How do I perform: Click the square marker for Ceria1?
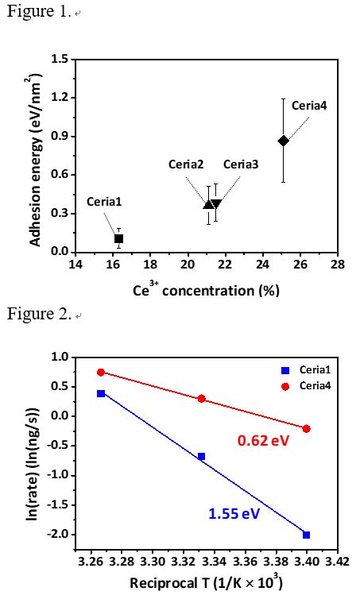pos(118,238)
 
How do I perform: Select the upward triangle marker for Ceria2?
pos(208,205)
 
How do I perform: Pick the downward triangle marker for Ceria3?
pos(216,204)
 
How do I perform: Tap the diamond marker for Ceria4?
pos(283,141)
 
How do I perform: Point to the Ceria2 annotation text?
pos(187,164)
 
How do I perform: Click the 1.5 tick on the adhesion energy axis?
pos(59,59)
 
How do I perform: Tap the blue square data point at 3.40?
pos(307,535)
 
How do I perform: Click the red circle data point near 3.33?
pos(202,399)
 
